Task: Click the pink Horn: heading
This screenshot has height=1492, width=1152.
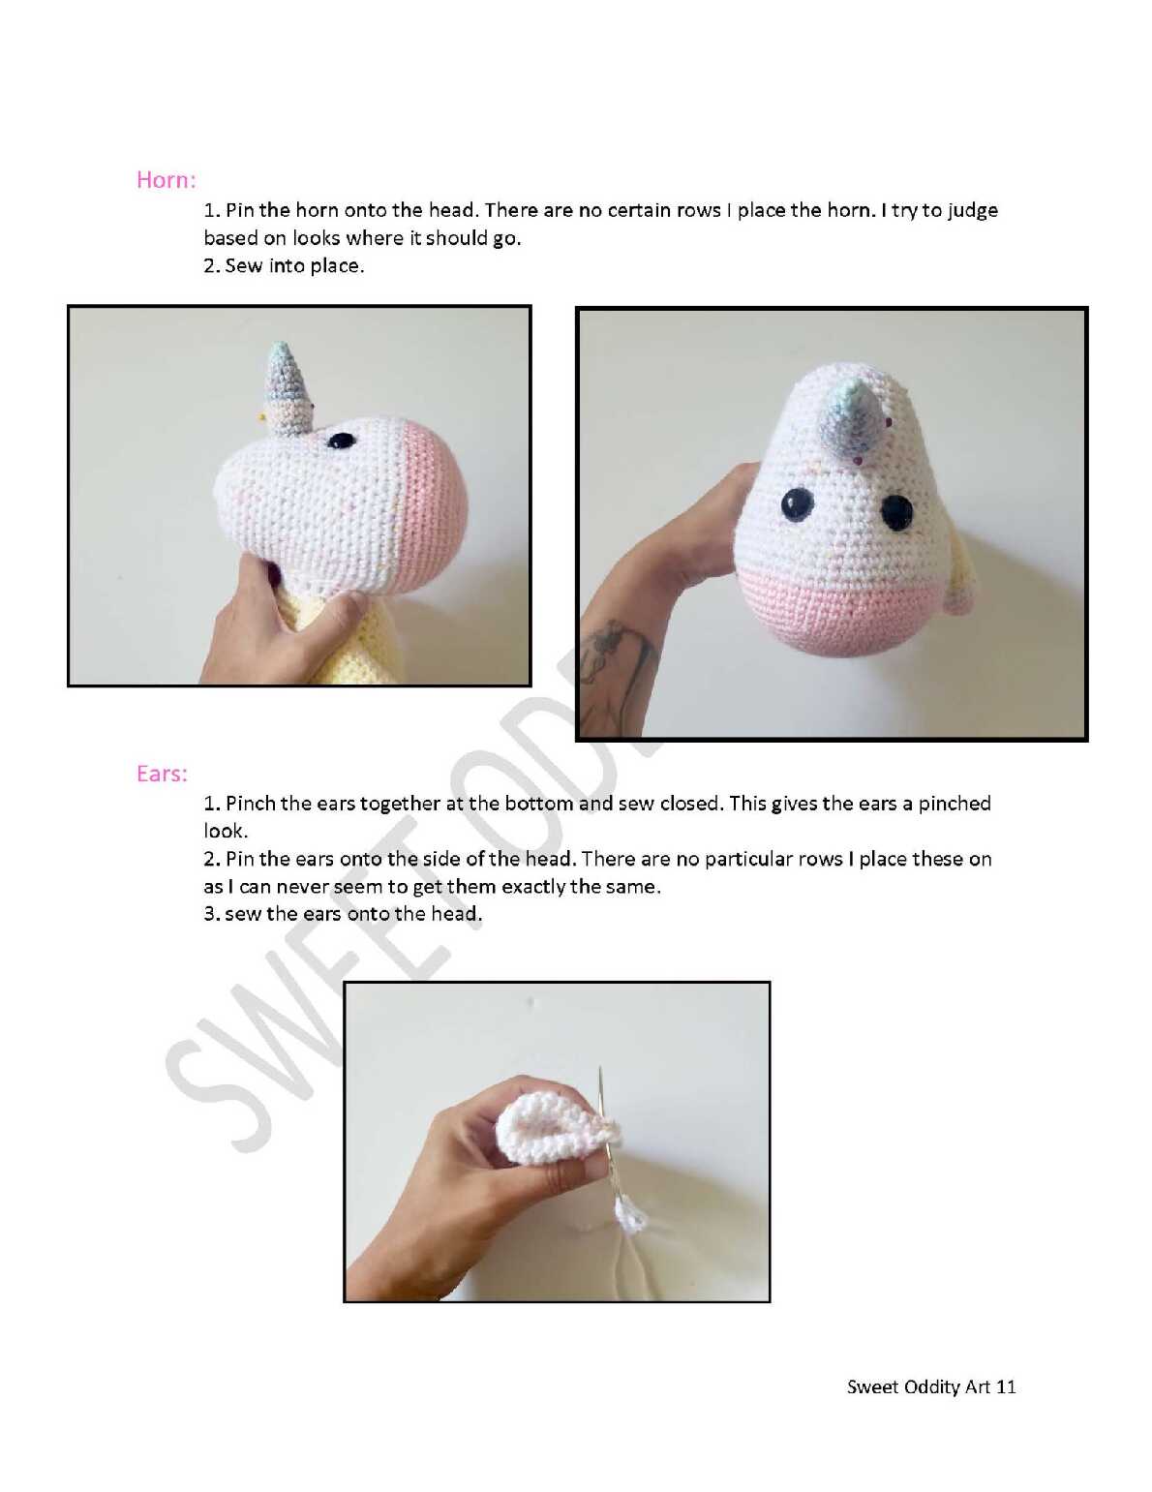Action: pyautogui.click(x=167, y=180)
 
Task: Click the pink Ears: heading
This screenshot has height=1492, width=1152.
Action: pyautogui.click(x=162, y=774)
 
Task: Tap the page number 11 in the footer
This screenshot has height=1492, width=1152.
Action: pyautogui.click(x=1005, y=1386)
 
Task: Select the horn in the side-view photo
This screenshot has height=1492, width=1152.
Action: pyautogui.click(x=287, y=390)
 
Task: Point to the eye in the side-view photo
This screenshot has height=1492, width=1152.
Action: pyautogui.click(x=341, y=441)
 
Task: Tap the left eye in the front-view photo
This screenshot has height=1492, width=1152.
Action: pyautogui.click(x=798, y=504)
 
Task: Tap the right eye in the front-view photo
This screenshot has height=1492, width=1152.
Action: pyautogui.click(x=896, y=512)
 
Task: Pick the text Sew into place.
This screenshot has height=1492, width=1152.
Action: pyautogui.click(x=294, y=265)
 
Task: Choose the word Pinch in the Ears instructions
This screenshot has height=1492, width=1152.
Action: pyautogui.click(x=250, y=804)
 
